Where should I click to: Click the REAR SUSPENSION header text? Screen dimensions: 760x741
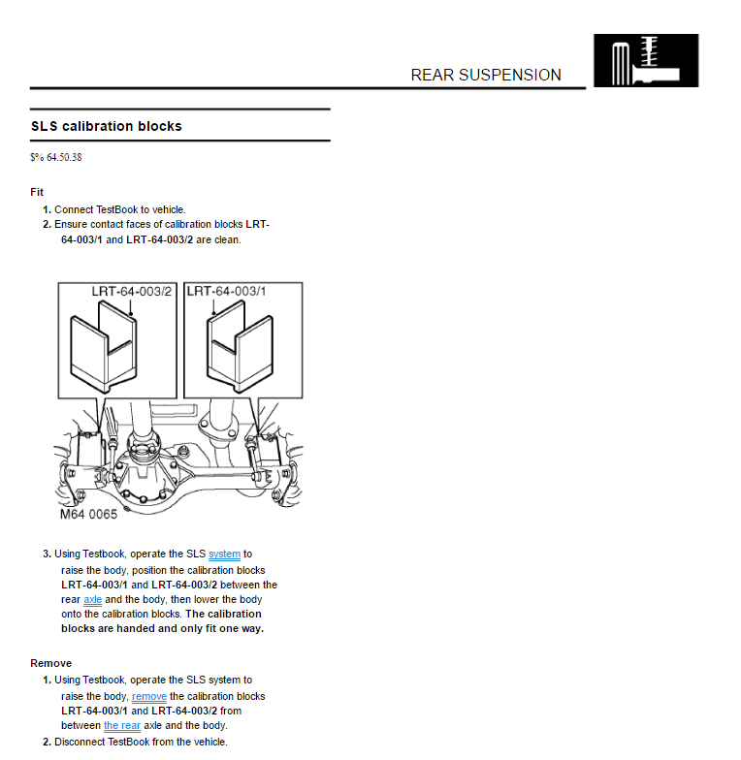(x=485, y=75)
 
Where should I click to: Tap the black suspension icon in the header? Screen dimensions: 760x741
(x=645, y=60)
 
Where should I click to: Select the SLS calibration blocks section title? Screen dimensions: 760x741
(x=107, y=126)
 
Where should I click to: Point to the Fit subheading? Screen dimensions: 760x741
(x=37, y=192)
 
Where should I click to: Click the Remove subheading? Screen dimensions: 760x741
(x=50, y=663)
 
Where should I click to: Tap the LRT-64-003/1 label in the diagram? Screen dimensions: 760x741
(x=227, y=291)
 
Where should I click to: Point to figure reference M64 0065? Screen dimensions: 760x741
(x=88, y=515)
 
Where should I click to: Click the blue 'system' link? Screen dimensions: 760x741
(x=224, y=554)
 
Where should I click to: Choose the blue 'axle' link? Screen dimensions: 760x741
(x=92, y=600)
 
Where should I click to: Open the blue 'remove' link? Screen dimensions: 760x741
(x=149, y=696)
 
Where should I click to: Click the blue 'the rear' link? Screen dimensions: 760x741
(x=122, y=725)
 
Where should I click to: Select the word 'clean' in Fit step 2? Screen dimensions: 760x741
(x=227, y=239)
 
